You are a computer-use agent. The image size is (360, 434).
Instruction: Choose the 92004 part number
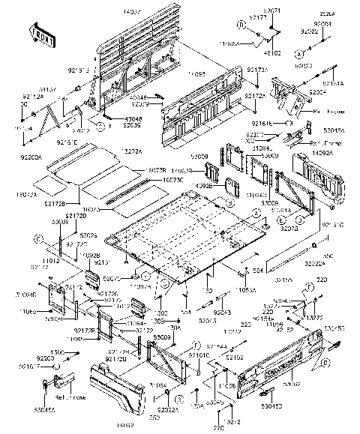point(322,24)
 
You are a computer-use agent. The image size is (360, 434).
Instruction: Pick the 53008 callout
point(60,223)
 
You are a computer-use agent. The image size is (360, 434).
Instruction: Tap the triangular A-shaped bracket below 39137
point(52,113)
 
